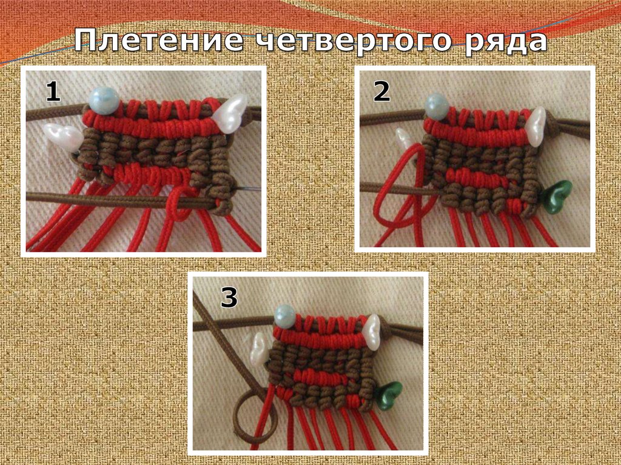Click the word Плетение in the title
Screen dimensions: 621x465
pyautogui.click(x=158, y=41)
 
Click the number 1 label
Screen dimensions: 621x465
pyautogui.click(x=53, y=92)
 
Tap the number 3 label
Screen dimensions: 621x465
pyautogui.click(x=229, y=298)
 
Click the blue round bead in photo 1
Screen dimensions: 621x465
pyautogui.click(x=104, y=101)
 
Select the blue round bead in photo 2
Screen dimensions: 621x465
pyautogui.click(x=437, y=105)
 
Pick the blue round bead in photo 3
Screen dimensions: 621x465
pyautogui.click(x=285, y=316)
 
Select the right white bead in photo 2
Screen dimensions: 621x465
pyautogui.click(x=536, y=127)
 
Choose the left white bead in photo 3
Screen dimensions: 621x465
pyautogui.click(x=258, y=349)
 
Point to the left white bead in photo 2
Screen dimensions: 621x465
pyautogui.click(x=404, y=142)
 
